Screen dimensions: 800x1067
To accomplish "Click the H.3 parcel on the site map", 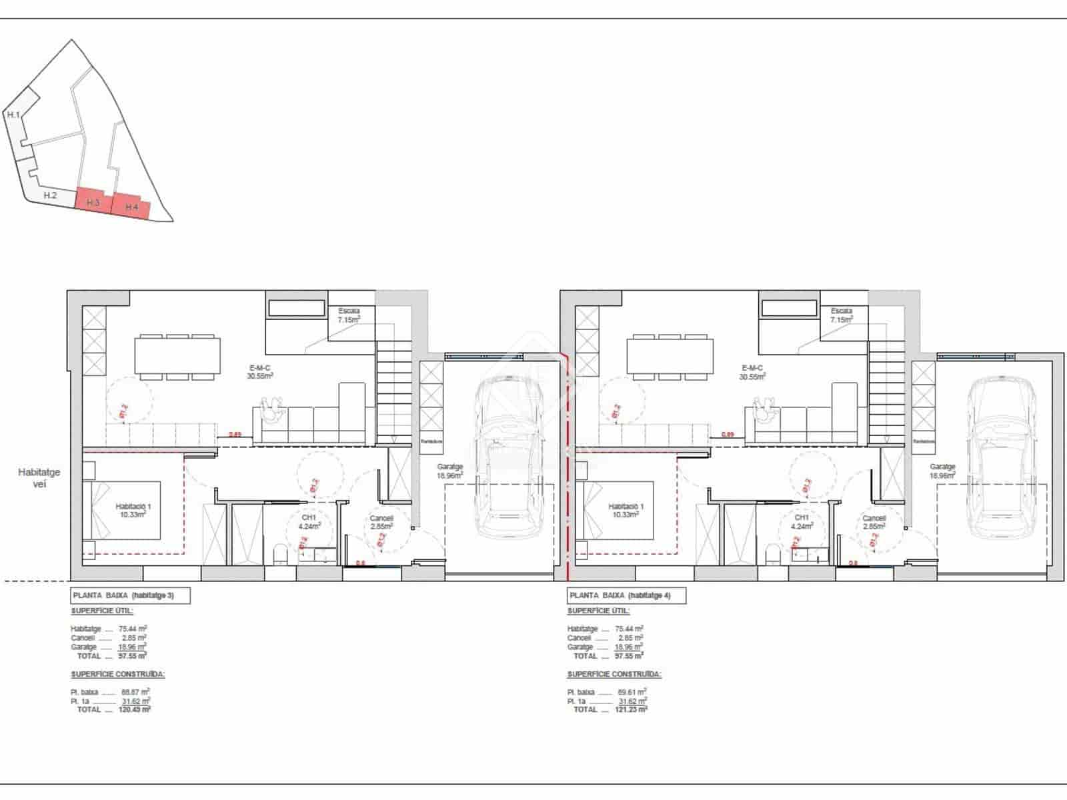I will pyautogui.click(x=93, y=201).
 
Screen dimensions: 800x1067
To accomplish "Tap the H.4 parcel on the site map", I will pyautogui.click(x=131, y=207).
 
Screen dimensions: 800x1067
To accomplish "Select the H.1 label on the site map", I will pyautogui.click(x=13, y=115).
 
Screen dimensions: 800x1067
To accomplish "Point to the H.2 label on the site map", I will pyautogui.click(x=49, y=195).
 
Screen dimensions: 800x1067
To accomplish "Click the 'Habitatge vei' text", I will pyautogui.click(x=39, y=477).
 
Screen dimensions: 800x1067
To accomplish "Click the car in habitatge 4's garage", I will pyautogui.click(x=1001, y=457).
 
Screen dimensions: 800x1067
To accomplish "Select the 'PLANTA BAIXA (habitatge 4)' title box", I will pyautogui.click(x=626, y=595).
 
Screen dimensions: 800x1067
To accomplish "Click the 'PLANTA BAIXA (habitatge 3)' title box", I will pyautogui.click(x=130, y=595).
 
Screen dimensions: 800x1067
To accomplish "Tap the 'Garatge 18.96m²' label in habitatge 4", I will pyautogui.click(x=942, y=471).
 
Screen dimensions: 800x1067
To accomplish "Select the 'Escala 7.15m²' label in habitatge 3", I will pyautogui.click(x=349, y=315).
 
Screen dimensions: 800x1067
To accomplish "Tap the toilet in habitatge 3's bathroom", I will pyautogui.click(x=280, y=554).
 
